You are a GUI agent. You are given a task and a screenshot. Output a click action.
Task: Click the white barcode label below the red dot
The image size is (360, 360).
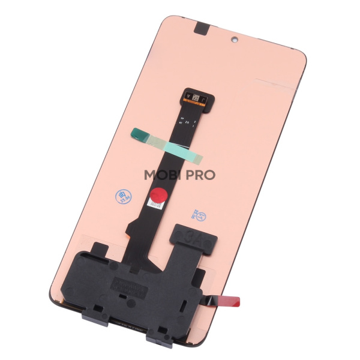pos(156,206)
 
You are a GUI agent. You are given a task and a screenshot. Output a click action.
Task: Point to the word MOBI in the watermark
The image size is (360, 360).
pos(165,175)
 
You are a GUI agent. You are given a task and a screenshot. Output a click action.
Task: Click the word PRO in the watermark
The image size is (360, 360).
pos(201,175)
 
